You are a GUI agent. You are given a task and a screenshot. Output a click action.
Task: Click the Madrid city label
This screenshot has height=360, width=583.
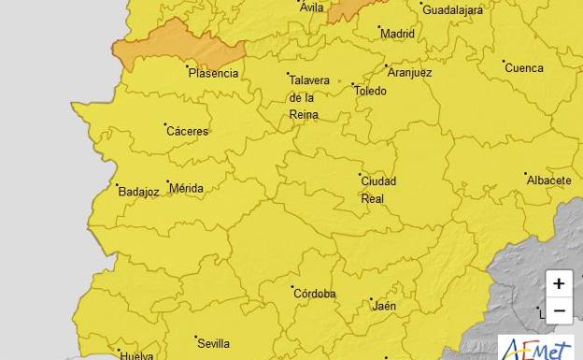click(397, 34)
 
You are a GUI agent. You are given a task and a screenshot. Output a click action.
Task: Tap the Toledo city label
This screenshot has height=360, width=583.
click(370, 91)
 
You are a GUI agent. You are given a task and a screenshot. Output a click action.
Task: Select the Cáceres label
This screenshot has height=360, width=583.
click(187, 131)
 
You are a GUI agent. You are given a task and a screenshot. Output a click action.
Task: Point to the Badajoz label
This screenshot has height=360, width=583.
click(138, 192)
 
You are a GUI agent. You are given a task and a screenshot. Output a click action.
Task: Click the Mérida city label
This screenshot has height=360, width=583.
click(186, 189)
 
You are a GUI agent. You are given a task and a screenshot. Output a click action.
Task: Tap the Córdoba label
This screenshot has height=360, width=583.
click(315, 294)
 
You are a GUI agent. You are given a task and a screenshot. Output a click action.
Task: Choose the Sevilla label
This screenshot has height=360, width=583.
click(213, 343)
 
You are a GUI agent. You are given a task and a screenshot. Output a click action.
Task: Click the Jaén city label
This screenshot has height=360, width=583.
click(383, 306)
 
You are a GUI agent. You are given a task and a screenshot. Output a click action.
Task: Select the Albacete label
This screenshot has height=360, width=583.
click(548, 180)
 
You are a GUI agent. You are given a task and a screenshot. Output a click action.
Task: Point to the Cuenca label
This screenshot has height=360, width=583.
click(523, 68)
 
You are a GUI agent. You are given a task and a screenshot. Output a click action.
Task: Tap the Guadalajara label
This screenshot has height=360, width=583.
click(452, 10)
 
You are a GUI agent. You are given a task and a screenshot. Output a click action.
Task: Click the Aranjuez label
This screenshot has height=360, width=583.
click(409, 72)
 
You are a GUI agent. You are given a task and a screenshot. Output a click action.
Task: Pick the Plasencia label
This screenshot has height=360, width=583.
click(213, 73)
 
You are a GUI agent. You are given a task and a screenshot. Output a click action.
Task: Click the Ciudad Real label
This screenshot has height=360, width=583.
click(378, 190)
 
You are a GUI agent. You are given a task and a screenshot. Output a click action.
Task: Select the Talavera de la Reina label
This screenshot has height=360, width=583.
click(308, 97)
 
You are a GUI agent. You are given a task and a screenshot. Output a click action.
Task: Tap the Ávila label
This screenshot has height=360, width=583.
click(311, 8)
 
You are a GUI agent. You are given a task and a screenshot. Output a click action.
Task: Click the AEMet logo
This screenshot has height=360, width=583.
click(535, 348)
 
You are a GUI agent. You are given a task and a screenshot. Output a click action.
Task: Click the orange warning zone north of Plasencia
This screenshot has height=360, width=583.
click(178, 42)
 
